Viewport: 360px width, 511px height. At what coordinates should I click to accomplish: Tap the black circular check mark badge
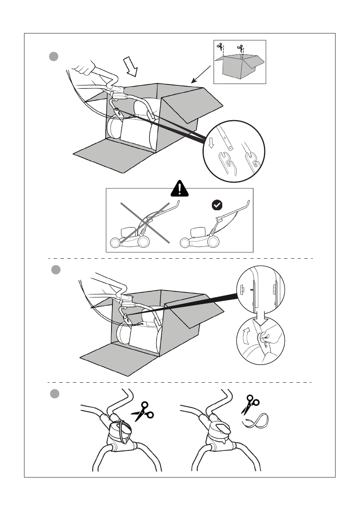click(x=217, y=206)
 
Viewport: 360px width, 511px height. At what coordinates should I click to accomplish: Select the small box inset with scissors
click(x=239, y=62)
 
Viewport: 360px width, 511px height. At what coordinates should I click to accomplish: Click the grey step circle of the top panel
click(x=53, y=57)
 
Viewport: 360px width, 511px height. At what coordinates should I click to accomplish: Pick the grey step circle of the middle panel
click(x=56, y=270)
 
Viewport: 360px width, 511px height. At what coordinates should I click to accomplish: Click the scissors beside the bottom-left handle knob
click(x=143, y=411)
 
